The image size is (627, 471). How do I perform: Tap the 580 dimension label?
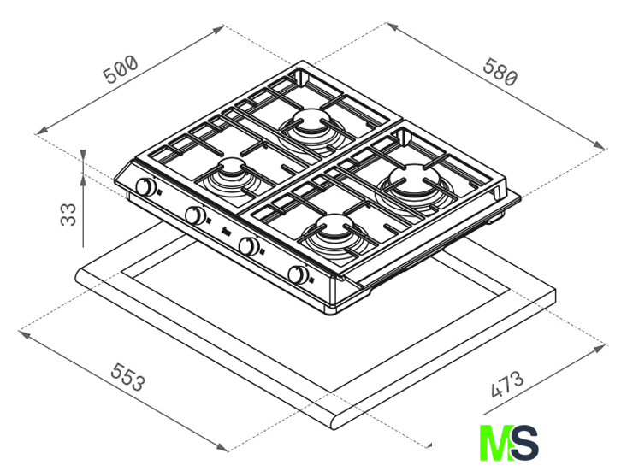tap(500, 72)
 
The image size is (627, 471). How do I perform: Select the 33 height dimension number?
tap(68, 215)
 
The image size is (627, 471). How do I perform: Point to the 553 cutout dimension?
tap(127, 376)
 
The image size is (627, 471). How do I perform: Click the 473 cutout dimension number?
tap(506, 385)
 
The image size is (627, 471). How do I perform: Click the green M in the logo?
tap(494, 443)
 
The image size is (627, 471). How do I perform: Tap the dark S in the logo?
tap(524, 443)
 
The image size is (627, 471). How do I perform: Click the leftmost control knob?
tap(145, 186)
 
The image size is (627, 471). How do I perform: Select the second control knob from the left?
tap(195, 215)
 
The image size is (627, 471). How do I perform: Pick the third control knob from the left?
tap(248, 245)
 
